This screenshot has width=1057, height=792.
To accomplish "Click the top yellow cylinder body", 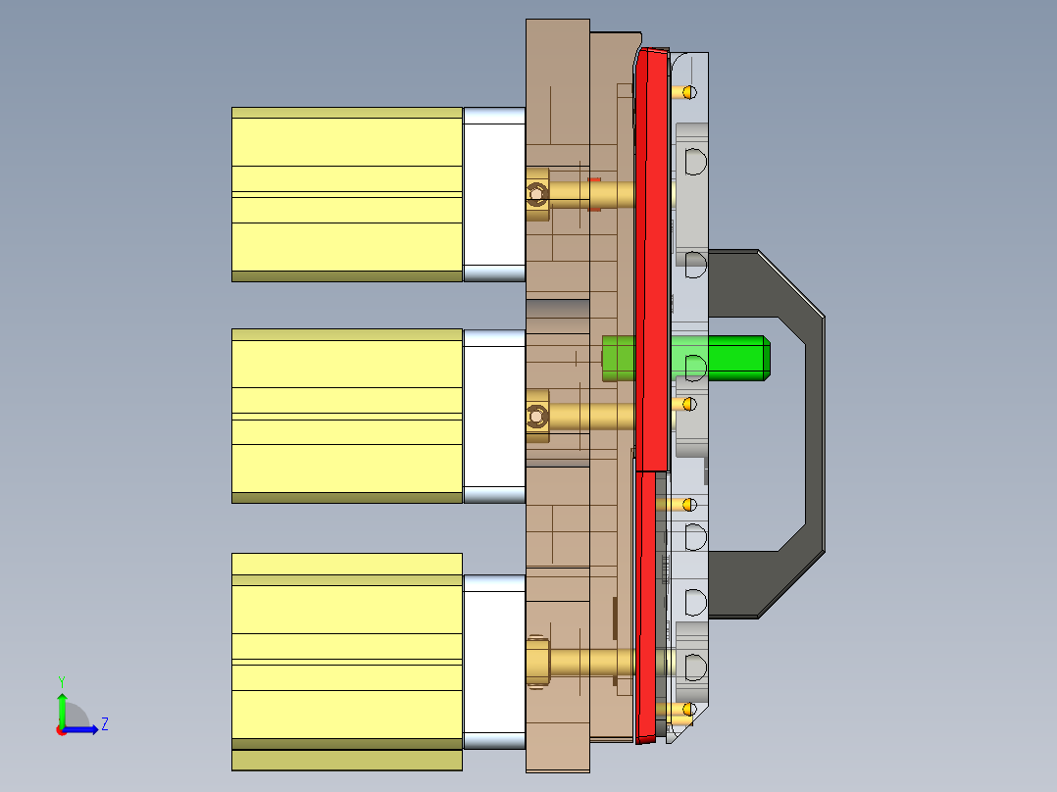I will [346, 194].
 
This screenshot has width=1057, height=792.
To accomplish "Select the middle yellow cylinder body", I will [346, 416].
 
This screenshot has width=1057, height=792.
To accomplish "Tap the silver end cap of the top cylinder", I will [493, 194].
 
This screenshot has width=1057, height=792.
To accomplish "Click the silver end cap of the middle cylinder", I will [493, 416].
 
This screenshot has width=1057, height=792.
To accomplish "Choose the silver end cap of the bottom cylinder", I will [493, 663].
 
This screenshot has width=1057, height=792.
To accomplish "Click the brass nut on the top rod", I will [536, 194].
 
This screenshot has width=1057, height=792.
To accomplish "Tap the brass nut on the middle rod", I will [536, 416].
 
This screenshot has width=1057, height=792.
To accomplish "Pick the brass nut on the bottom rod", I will [536, 663].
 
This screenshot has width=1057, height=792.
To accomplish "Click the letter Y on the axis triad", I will [61, 680].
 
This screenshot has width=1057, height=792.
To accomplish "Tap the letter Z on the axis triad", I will [104, 724].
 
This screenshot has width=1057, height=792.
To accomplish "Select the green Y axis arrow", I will [62, 708].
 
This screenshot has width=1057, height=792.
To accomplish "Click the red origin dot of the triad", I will [61, 730].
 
